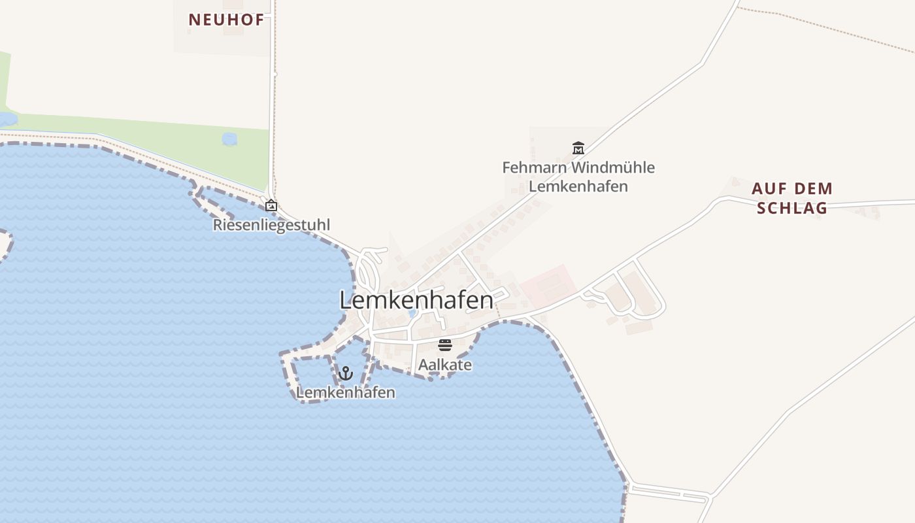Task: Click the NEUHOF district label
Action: click(226, 20)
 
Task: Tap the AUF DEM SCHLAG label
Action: click(792, 198)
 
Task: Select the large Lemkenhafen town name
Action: click(416, 300)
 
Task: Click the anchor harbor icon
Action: click(346, 373)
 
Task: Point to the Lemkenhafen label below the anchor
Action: click(346, 392)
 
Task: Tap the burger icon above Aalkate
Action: click(445, 345)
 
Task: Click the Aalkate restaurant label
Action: click(445, 365)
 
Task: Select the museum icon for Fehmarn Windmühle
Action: click(578, 148)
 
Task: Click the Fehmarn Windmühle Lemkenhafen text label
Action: click(578, 177)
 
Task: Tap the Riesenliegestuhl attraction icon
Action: click(271, 205)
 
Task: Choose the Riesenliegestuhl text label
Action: click(271, 225)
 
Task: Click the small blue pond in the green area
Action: click(229, 139)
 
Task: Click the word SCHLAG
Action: click(792, 208)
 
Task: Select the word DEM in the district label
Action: click(810, 189)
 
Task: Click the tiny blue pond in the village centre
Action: click(412, 313)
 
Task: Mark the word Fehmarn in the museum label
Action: click(534, 167)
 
